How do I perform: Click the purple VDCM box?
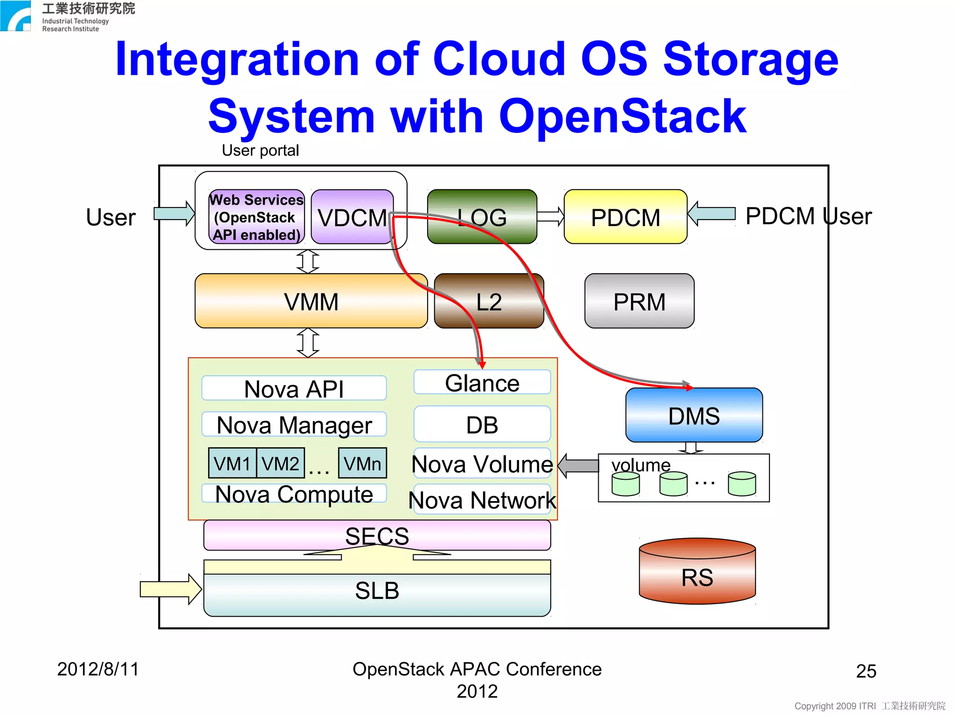352,217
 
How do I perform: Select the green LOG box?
482,217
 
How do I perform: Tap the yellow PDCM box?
625,217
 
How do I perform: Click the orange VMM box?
311,302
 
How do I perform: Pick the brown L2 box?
489,302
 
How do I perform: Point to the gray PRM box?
639,302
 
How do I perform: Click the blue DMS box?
693,415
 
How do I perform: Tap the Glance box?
482,383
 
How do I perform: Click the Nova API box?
294,388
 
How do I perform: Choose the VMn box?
362,463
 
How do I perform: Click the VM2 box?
280,463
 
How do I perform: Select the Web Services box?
256,217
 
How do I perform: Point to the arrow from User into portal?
174,214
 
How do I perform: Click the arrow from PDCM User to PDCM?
712,214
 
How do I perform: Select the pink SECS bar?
377,535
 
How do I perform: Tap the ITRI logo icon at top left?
15,15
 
